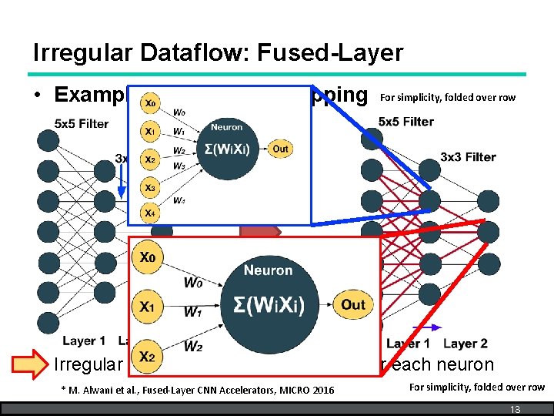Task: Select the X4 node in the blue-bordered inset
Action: click(150, 213)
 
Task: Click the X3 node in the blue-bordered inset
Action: click(150, 187)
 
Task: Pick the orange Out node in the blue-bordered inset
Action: click(280, 149)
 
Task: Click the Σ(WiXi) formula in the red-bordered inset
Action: click(268, 304)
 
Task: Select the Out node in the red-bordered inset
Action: click(352, 304)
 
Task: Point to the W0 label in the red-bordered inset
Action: click(194, 283)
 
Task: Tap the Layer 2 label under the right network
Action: click(466, 344)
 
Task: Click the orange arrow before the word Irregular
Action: click(32, 364)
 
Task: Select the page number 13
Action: click(515, 409)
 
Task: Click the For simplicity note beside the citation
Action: click(476, 387)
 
